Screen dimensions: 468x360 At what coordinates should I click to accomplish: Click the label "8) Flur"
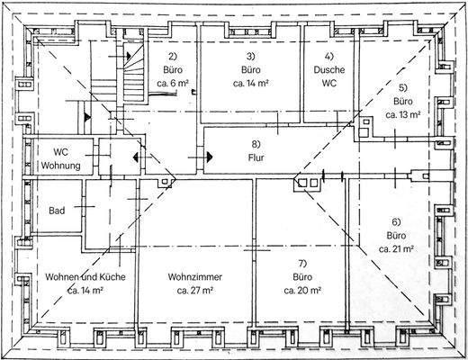click(256, 150)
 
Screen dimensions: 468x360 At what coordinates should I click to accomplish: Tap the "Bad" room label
click(57, 211)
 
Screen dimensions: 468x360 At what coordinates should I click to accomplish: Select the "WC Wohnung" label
click(60, 158)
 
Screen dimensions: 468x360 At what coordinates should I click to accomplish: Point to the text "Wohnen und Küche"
click(85, 276)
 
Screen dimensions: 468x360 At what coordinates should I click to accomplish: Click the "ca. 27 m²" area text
click(195, 291)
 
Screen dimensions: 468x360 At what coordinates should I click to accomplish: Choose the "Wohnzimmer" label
click(195, 276)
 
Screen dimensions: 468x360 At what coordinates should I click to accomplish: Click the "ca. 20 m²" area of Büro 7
click(302, 291)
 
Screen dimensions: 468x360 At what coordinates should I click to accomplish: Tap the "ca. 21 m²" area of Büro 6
click(396, 249)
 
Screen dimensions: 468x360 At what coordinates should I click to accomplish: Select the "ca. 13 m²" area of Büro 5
click(403, 114)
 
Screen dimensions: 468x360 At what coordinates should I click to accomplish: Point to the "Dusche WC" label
click(329, 76)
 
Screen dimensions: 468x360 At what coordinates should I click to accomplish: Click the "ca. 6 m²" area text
click(173, 83)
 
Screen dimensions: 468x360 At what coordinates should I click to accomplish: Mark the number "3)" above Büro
click(250, 56)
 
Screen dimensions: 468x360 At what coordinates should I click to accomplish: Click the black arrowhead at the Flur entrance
click(210, 157)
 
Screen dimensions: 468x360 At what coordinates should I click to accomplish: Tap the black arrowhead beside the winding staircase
click(129, 56)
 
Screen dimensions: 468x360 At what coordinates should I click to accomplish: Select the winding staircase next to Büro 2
click(133, 73)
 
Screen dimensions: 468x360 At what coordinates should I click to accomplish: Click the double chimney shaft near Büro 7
click(308, 183)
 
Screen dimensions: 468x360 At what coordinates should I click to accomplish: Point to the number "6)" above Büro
click(396, 222)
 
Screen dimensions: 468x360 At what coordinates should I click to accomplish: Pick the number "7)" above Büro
click(302, 263)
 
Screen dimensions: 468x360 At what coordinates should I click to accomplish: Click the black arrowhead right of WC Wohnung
click(136, 157)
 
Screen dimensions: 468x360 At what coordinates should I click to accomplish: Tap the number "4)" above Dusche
click(329, 56)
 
